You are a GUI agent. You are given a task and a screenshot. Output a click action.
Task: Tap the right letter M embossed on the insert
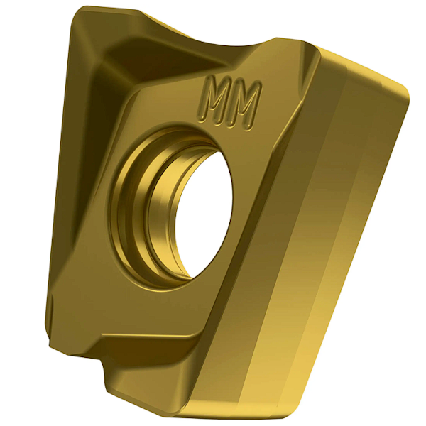click(245, 100)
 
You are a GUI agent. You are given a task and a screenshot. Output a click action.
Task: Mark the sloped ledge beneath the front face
click(142, 348)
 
